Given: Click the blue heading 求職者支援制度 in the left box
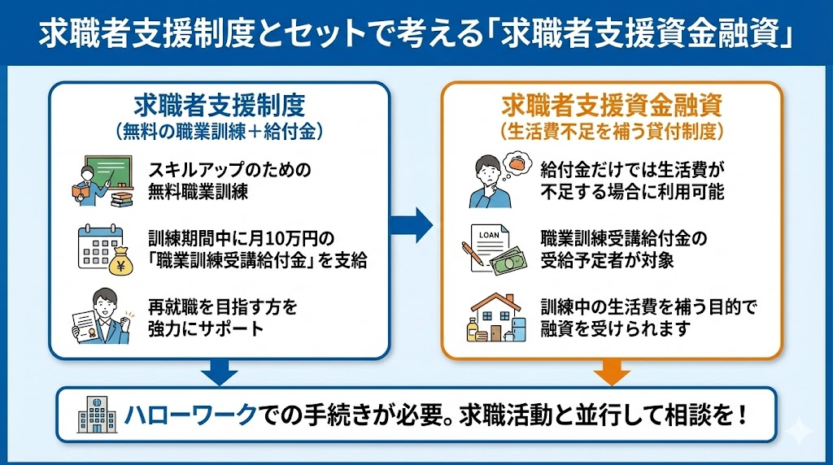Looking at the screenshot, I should pos(219,105).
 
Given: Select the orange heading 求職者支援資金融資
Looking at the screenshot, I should pos(612,105).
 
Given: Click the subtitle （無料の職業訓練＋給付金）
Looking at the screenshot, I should pos(219,129).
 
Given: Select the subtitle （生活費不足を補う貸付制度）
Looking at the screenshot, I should pos(612,129).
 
